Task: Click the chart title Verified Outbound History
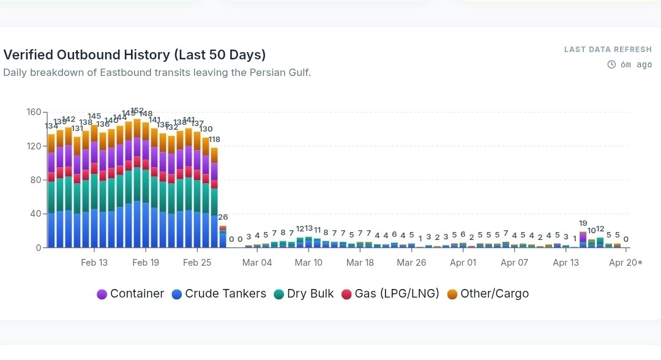point(135,54)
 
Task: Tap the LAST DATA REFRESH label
point(608,50)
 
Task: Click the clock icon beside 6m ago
point(611,64)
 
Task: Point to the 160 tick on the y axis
point(33,112)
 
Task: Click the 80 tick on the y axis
point(35,180)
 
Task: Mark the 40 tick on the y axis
point(35,214)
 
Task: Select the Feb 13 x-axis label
point(94,263)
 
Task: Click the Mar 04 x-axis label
point(257,263)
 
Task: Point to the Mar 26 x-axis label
point(411,263)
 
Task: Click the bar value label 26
point(223,217)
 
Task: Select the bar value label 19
point(583,223)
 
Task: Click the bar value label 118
point(214,140)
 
